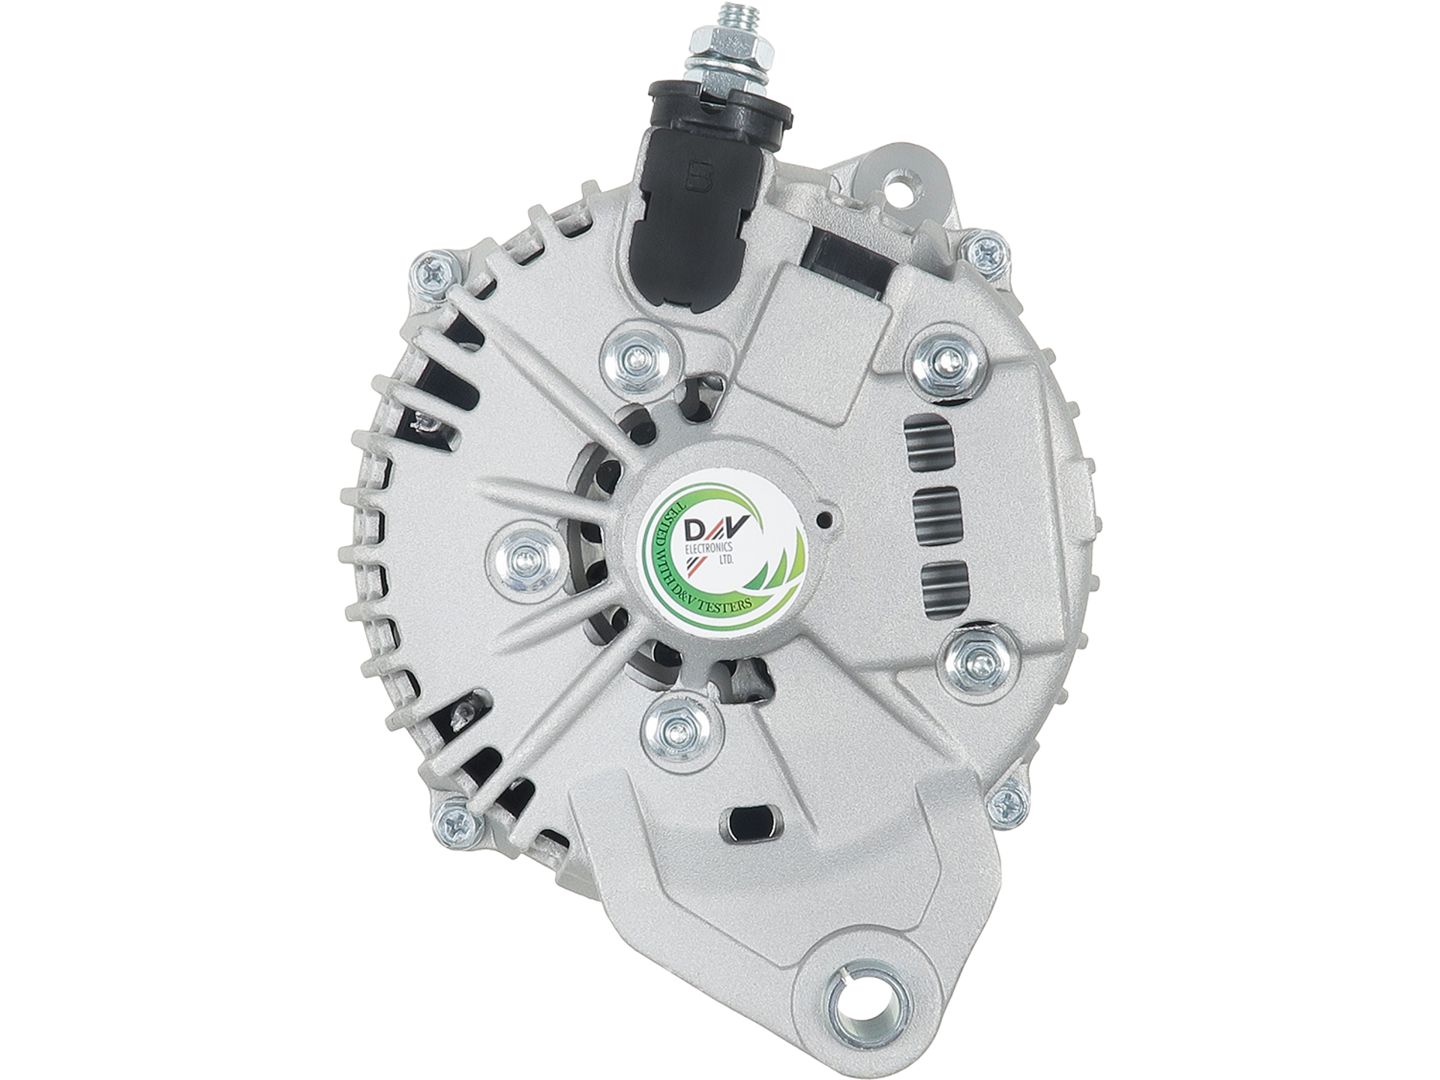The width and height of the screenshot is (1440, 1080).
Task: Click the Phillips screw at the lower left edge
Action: (457, 826)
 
